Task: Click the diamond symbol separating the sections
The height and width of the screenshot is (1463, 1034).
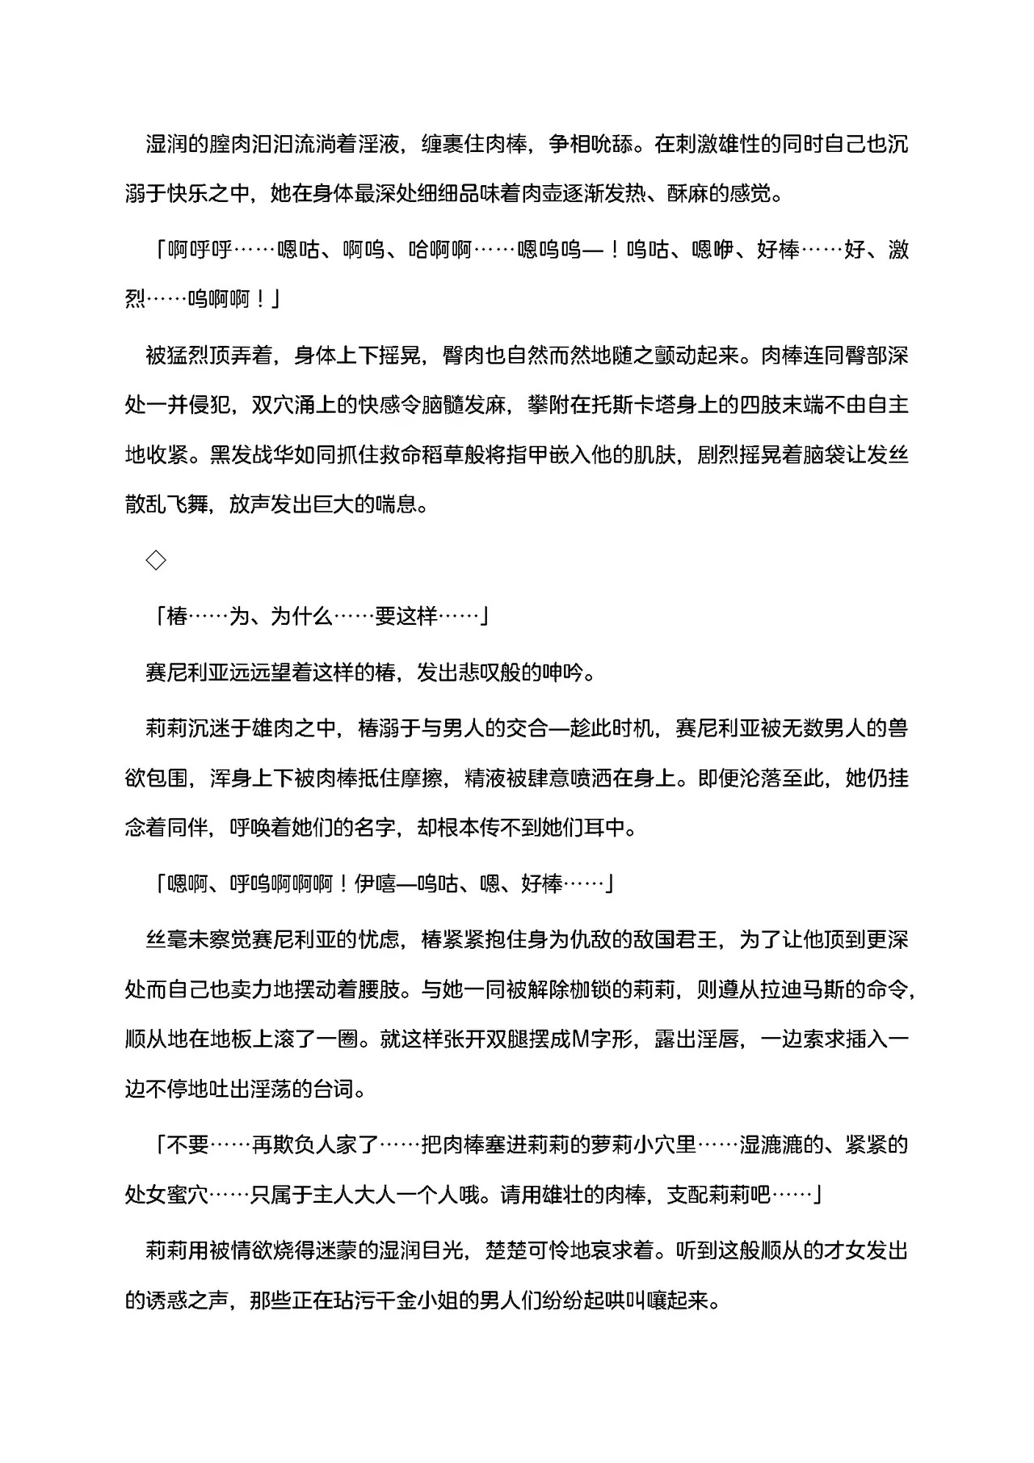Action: pos(156,559)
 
